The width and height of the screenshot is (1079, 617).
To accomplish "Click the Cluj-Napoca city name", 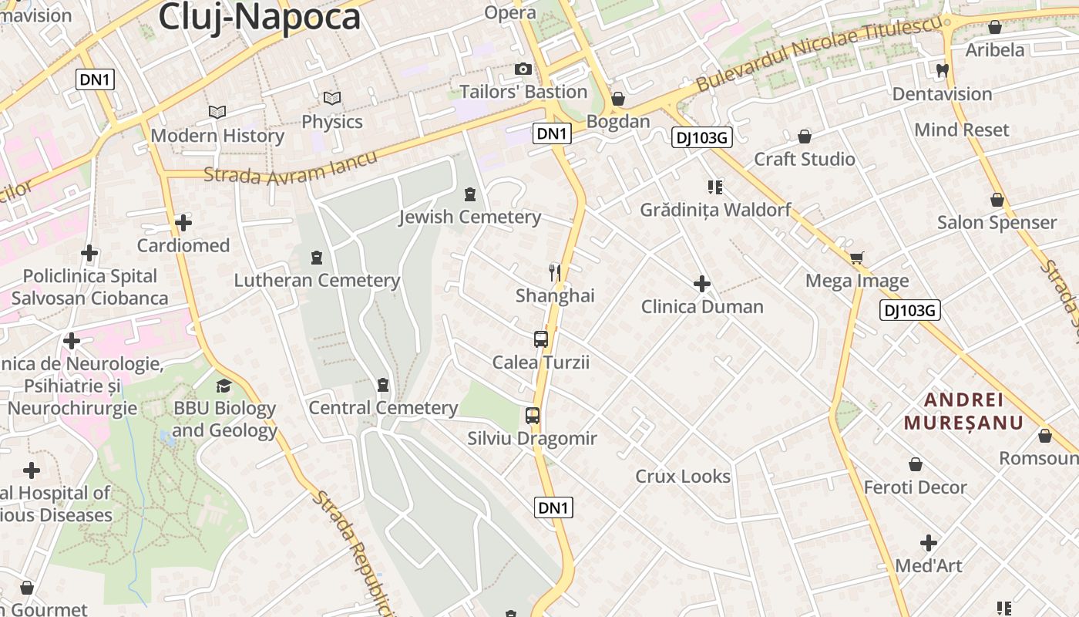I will point(259,17).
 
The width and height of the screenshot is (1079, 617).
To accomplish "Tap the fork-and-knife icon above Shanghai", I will point(555,271).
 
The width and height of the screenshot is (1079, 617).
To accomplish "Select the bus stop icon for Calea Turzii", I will point(541,339).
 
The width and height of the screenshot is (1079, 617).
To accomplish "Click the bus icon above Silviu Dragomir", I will point(533,416).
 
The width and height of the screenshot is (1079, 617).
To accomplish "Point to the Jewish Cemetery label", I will point(469,217).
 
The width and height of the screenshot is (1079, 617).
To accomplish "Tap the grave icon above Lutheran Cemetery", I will point(316,257).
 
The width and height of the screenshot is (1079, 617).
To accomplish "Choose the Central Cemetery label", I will point(383,407).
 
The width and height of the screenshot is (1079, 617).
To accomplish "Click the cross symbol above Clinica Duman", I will point(702,284).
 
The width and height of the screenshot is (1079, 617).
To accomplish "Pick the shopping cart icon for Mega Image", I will point(856,258).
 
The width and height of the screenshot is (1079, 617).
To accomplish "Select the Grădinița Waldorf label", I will point(715,209).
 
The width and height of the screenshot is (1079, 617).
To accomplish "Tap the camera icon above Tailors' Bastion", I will point(523,69).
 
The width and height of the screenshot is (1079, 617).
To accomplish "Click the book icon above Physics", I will point(332,99).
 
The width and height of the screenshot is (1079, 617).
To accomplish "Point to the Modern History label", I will point(217,136).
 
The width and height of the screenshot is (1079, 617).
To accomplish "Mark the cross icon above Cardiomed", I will point(183,223).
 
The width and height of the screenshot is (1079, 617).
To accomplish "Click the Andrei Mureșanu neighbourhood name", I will point(963,411).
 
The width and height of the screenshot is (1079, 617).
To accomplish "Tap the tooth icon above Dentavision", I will point(941,70).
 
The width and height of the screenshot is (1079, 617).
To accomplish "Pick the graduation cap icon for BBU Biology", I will point(224,386).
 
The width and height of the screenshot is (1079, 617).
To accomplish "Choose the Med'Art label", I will point(929,565).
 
